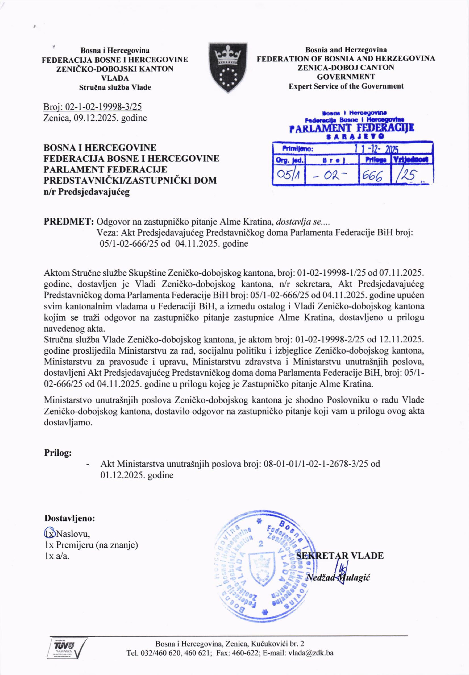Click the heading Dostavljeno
click(70, 518)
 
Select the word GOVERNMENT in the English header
click(346, 77)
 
